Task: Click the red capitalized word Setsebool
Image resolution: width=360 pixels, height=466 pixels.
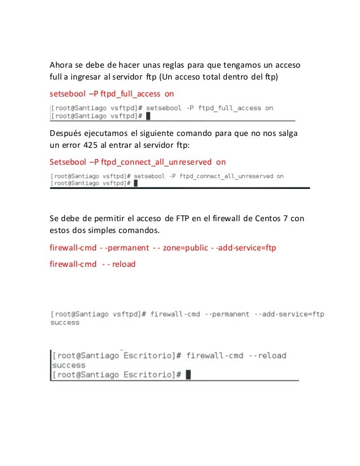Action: [x=69, y=162]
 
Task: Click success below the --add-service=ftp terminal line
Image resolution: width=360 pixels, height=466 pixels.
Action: [x=65, y=323]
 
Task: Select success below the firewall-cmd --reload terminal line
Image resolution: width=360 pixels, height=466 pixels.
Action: [x=68, y=365]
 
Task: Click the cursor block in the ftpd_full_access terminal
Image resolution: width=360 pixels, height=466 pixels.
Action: [x=148, y=116]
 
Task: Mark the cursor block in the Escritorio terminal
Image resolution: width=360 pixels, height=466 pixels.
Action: [x=187, y=374]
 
